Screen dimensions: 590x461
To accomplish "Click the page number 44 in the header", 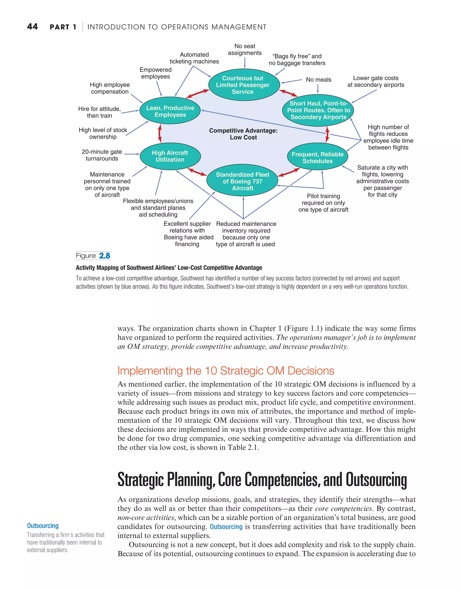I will click(32, 27).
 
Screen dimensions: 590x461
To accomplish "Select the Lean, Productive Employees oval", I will click(170, 111).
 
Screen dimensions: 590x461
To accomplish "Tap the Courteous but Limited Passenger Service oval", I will click(242, 85).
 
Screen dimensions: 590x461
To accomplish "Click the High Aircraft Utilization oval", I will click(170, 156).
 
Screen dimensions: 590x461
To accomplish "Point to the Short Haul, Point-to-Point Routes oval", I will click(318, 110).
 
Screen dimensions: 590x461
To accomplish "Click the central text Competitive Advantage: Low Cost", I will click(243, 134).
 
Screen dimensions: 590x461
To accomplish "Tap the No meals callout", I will click(319, 80).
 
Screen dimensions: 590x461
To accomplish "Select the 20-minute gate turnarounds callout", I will click(102, 155).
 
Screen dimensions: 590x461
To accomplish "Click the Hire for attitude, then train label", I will click(99, 112).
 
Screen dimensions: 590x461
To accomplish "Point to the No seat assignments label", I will click(245, 50).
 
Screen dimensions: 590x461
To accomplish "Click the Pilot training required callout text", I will click(323, 203).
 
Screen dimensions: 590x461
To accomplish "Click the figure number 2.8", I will click(104, 256).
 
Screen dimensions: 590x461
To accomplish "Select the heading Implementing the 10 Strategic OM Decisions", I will click(226, 371).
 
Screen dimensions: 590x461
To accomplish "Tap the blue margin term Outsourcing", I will click(43, 526).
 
